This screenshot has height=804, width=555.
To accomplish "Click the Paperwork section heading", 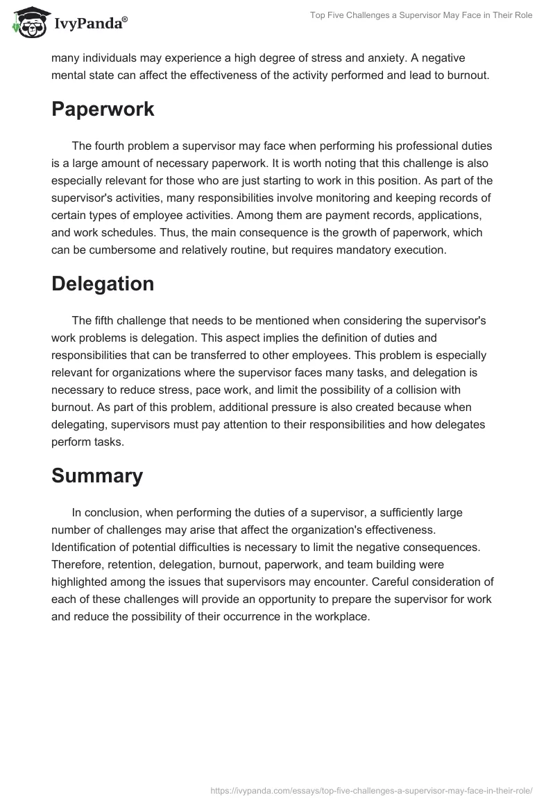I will [103, 109].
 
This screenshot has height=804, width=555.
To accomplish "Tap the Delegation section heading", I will [102, 283].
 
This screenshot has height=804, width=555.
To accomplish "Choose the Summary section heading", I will [96, 475].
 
